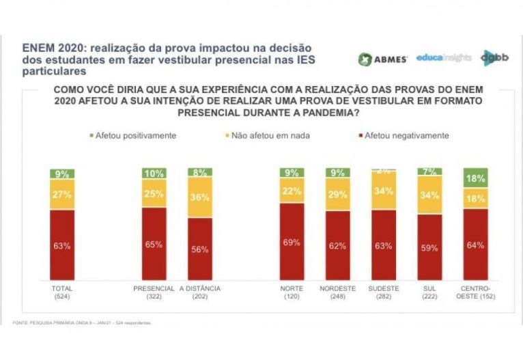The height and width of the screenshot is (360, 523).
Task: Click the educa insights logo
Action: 443,57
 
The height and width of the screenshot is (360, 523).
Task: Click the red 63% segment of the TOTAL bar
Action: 62,245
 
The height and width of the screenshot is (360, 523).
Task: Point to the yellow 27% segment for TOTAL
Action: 62,195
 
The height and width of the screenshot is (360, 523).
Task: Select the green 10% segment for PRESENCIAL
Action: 154,174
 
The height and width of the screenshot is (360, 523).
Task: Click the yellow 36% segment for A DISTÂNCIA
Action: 200,198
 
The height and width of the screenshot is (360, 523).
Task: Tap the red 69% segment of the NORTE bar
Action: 291,242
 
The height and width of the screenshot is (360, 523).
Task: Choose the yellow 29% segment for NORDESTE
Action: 337,195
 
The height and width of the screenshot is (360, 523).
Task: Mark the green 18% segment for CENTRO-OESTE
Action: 476,178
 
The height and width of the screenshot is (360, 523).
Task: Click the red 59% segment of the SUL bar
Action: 430,248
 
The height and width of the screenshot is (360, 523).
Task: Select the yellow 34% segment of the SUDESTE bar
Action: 384,190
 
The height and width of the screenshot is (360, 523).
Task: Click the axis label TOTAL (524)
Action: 62,292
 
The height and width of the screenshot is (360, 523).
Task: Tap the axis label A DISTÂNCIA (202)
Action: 200,292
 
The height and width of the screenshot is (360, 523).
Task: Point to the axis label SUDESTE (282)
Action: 384,292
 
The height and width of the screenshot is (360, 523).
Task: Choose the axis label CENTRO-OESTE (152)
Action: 476,292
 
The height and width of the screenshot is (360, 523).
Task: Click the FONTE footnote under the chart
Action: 82,322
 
